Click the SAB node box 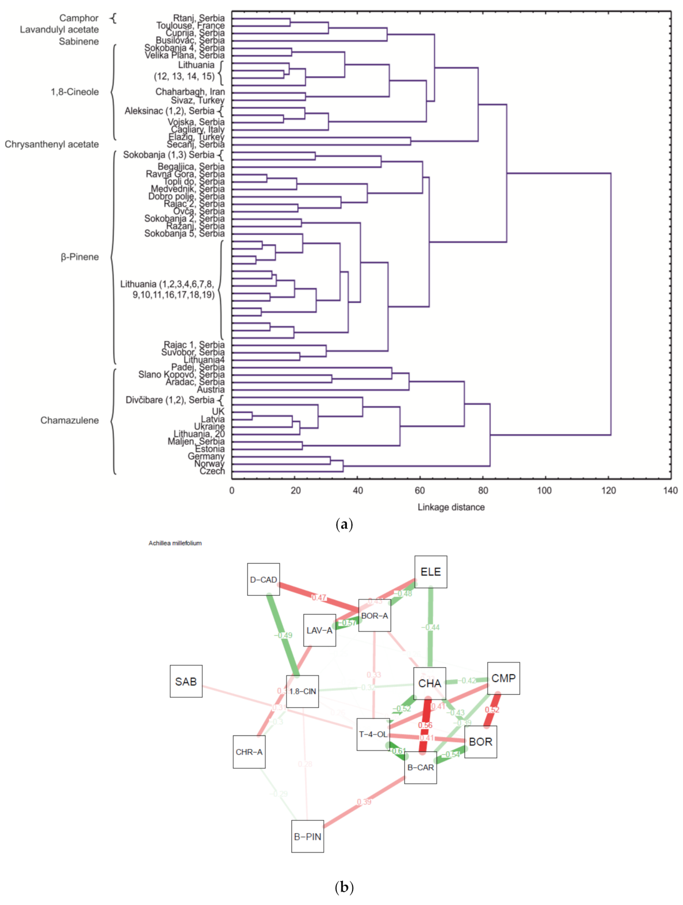[x=186, y=681]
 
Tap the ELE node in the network [x=430, y=572]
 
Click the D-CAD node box [x=263, y=580]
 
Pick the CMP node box [x=503, y=678]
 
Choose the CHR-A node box [x=249, y=752]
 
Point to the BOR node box [x=480, y=742]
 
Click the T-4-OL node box [x=373, y=734]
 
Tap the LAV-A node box [x=319, y=630]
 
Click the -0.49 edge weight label [x=283, y=635]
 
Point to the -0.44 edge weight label [x=430, y=627]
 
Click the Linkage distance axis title [x=451, y=507]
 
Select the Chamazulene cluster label [x=69, y=420]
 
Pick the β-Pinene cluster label [x=80, y=257]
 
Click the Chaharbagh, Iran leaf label [x=190, y=92]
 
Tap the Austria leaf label [x=211, y=390]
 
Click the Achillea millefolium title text [x=175, y=543]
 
